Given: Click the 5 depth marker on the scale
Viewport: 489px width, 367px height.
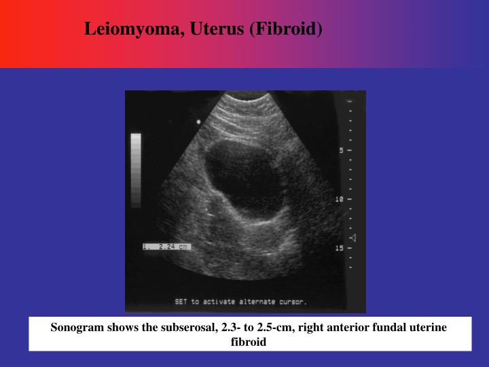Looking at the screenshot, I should (x=342, y=150).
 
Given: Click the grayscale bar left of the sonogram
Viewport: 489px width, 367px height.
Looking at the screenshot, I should (x=136, y=170).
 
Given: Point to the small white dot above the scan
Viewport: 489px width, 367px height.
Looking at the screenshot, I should (x=198, y=122).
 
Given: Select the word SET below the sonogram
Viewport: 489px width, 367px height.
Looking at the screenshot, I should (x=181, y=301).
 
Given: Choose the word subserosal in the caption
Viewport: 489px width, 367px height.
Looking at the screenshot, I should (x=183, y=328).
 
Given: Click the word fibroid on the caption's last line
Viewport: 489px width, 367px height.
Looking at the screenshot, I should (x=249, y=342).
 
